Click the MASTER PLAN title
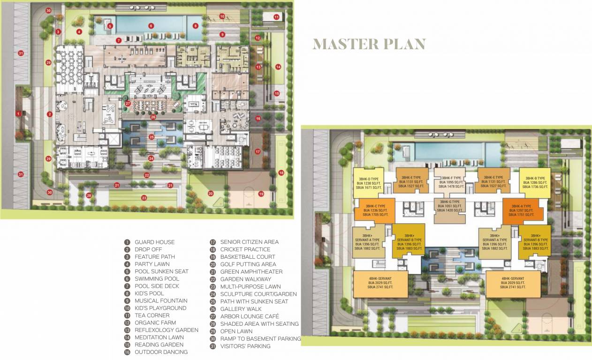point(369,44)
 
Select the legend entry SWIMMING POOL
point(157,279)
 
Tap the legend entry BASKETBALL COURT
point(248,257)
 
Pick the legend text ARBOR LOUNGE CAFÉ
point(250,316)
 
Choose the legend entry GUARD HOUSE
point(154,242)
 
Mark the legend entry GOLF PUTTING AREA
point(248,264)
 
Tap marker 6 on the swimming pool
point(151,26)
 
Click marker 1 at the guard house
point(18,113)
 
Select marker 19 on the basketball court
point(261,194)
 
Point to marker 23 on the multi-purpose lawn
point(144,198)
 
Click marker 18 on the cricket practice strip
point(281,173)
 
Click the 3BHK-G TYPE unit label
point(449,206)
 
